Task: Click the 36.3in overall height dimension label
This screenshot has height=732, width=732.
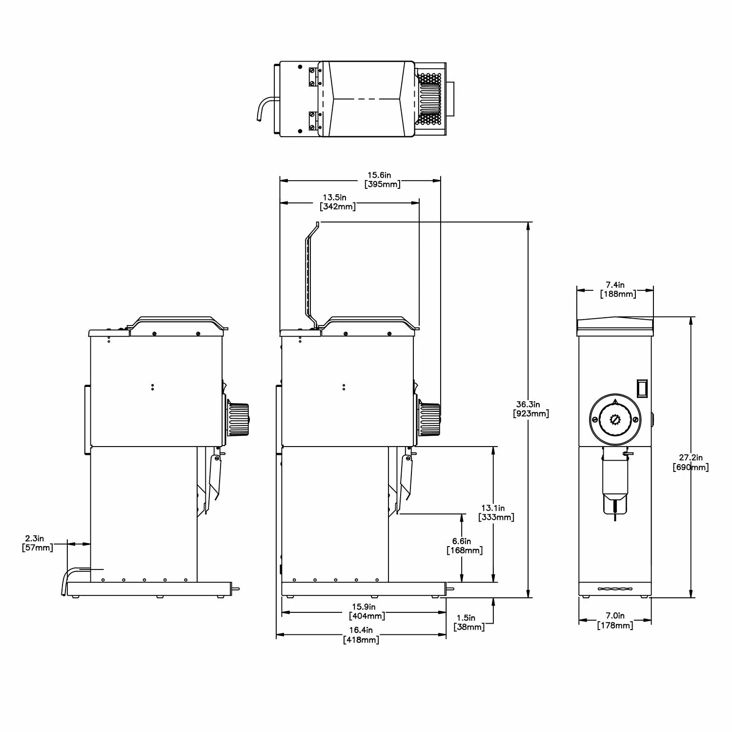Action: point(531,409)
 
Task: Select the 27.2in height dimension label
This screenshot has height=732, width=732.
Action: point(691,463)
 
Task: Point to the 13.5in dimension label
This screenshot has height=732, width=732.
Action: point(338,202)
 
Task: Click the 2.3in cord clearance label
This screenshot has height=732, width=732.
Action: point(38,543)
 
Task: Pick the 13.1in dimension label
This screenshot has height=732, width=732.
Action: point(496,512)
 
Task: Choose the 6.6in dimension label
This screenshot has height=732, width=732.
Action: point(465,546)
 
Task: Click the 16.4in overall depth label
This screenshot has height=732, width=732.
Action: point(361,635)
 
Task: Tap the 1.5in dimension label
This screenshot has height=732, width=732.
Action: point(469,622)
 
